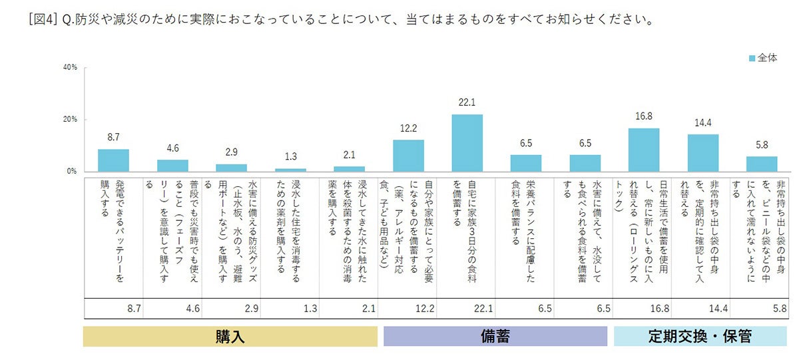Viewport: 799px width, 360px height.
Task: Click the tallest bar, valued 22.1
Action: [467, 142]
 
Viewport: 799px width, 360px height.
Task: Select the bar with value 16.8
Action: [643, 150]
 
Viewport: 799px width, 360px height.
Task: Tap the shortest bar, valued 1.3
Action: [290, 170]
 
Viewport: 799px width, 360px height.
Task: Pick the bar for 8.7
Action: [113, 160]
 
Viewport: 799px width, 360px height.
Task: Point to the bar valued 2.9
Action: [231, 168]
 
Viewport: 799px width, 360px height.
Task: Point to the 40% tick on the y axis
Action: [70, 68]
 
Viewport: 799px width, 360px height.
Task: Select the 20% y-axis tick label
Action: [70, 120]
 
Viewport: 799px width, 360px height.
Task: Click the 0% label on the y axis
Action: [72, 172]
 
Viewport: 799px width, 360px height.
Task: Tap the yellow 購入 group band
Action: [230, 336]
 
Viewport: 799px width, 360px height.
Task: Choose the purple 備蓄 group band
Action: [495, 336]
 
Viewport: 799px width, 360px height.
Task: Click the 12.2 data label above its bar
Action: [408, 128]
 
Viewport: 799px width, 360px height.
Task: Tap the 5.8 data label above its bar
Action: [762, 144]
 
